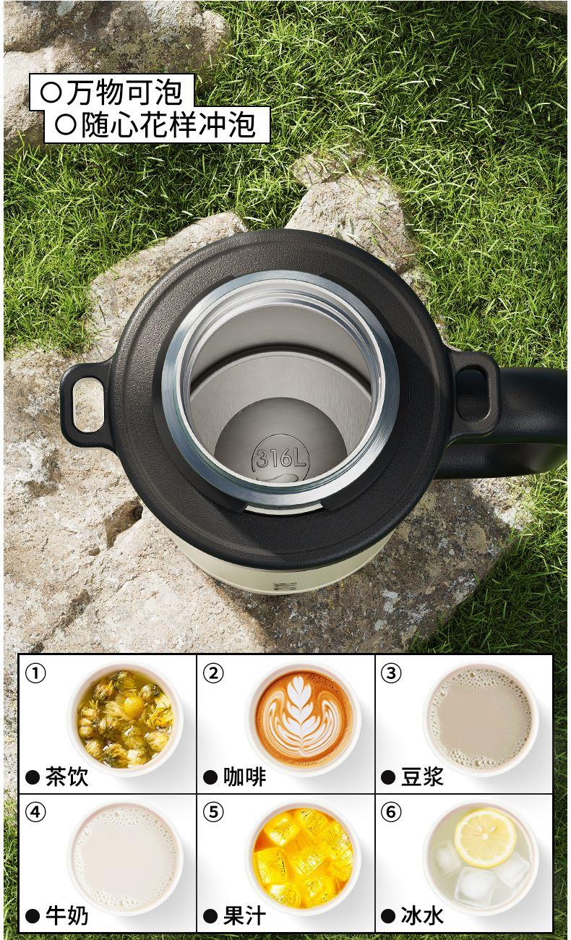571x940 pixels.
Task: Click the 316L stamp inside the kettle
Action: (x=280, y=458)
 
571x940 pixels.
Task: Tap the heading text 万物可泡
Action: (x=124, y=93)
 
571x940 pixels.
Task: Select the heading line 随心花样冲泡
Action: (x=168, y=124)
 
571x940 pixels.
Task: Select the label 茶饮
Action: (x=66, y=777)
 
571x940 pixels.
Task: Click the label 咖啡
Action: (x=244, y=777)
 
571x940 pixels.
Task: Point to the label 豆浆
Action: (x=422, y=777)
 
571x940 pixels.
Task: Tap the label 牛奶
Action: (x=66, y=916)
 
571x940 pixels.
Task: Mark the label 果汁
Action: (x=244, y=916)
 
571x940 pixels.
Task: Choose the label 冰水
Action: (x=422, y=916)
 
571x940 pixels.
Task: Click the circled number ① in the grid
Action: (x=35, y=673)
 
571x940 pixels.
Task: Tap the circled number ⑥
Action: (x=391, y=812)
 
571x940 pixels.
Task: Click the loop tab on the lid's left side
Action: (x=86, y=402)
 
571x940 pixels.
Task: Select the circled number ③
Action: (x=391, y=673)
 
